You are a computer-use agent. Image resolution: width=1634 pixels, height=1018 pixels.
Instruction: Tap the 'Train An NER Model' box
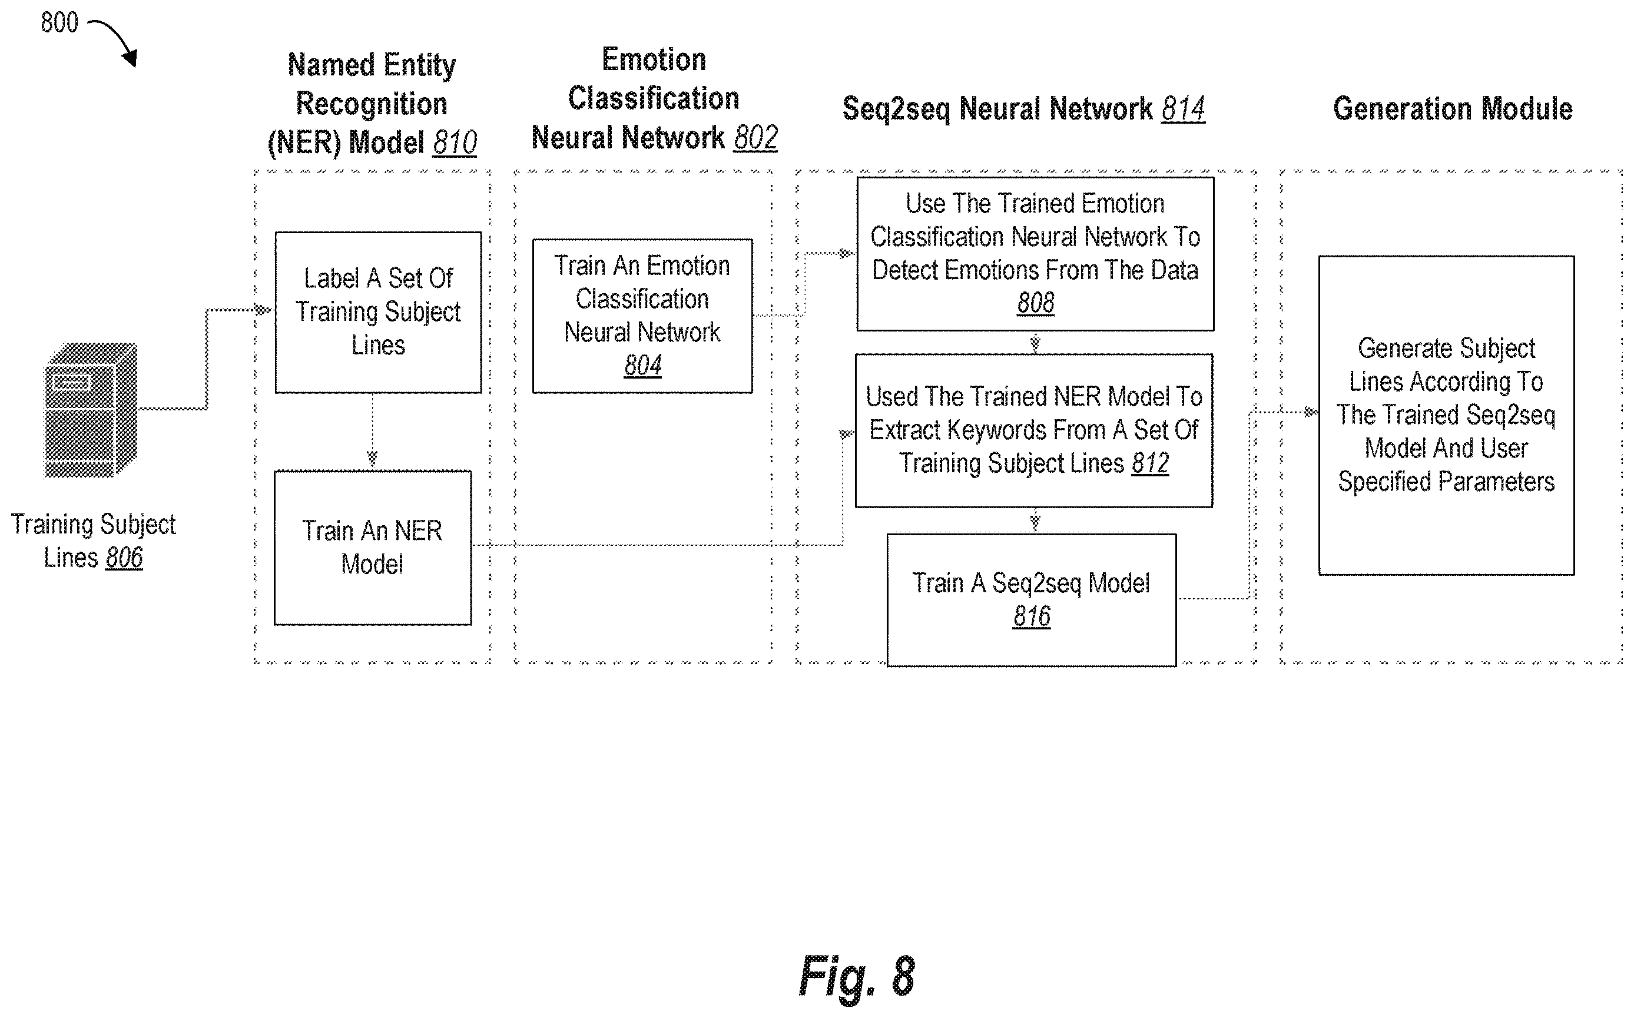[372, 548]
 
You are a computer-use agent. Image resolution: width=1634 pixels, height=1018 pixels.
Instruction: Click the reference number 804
[642, 366]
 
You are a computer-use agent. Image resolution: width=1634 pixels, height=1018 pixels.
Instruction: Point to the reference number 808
[1036, 303]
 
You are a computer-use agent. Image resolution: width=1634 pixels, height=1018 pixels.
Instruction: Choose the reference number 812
[1150, 463]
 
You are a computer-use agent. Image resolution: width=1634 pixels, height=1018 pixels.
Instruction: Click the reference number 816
[1032, 616]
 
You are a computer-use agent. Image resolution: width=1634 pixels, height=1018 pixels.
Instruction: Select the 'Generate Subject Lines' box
[1446, 416]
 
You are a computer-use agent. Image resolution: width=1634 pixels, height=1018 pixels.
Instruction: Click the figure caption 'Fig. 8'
[856, 976]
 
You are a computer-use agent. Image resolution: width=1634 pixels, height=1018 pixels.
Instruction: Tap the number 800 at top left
[59, 23]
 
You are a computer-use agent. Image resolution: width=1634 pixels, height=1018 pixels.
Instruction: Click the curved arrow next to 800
[114, 41]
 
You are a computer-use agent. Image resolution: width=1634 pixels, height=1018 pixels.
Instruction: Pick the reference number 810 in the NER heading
[455, 142]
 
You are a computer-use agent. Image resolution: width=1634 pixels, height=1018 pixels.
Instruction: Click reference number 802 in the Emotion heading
[755, 138]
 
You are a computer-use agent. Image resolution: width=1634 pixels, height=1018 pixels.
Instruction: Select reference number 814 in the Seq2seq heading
[1183, 109]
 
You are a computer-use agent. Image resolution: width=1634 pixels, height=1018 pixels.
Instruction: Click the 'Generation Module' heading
[1453, 109]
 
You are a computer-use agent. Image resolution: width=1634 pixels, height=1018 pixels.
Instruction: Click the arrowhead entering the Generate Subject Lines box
[1311, 412]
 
